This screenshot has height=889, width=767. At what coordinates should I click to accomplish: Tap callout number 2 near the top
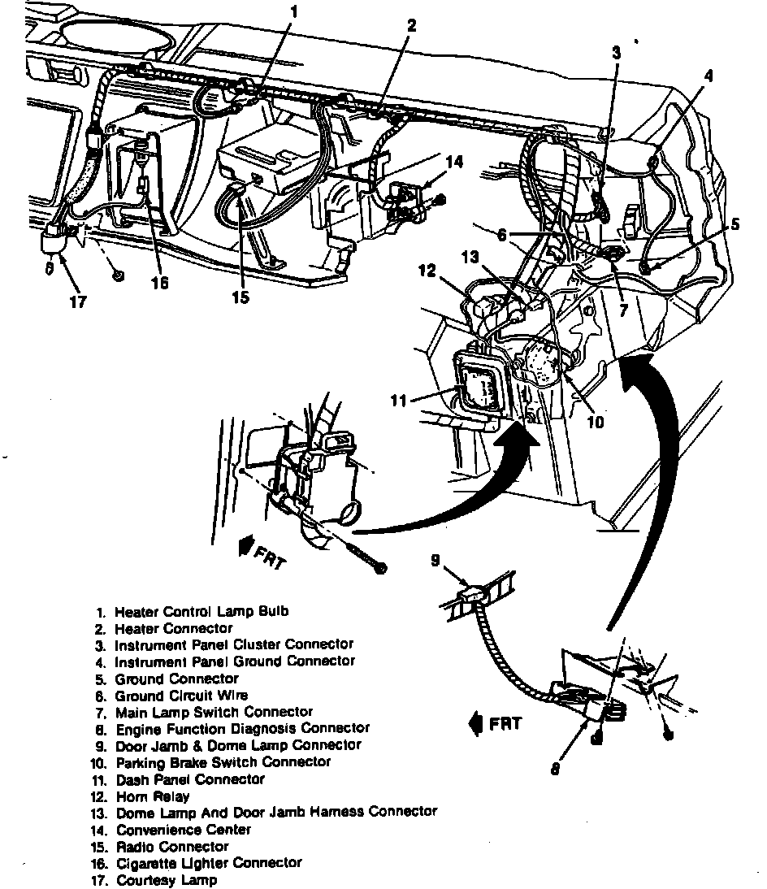[411, 26]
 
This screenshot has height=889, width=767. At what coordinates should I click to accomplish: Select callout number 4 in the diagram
[708, 76]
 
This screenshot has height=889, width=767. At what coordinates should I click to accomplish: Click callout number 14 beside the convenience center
[454, 163]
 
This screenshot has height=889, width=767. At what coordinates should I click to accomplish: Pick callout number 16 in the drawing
[160, 283]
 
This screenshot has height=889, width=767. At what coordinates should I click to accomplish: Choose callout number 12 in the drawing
[428, 271]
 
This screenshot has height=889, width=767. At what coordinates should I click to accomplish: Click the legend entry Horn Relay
[153, 796]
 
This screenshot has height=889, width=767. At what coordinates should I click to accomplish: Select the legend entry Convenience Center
[184, 830]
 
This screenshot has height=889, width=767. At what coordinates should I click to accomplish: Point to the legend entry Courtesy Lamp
[167, 880]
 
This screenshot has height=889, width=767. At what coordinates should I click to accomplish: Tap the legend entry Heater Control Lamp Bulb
[201, 611]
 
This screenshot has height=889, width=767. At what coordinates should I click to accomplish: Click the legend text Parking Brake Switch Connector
[223, 762]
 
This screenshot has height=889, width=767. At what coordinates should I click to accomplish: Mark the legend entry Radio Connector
[172, 847]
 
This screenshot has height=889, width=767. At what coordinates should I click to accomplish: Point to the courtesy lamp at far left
[55, 241]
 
